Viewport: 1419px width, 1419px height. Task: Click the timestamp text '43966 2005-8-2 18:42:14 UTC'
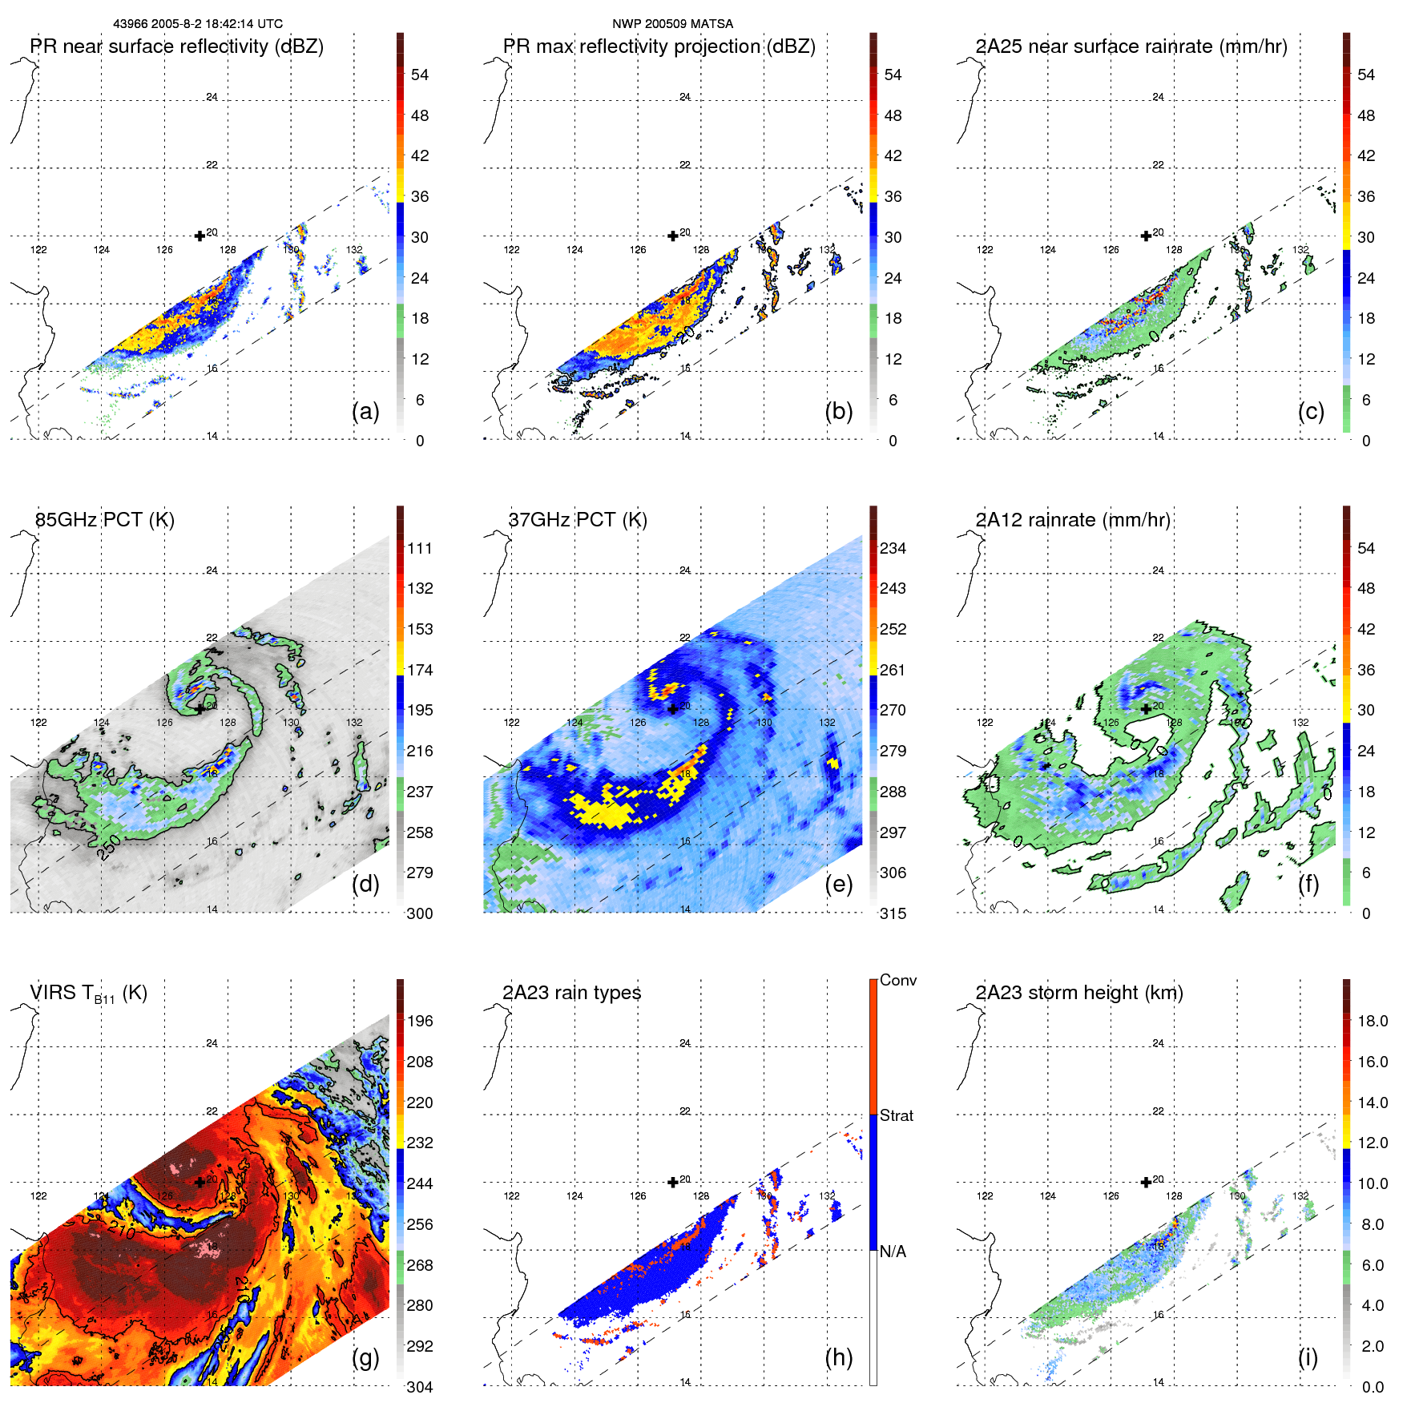(x=197, y=24)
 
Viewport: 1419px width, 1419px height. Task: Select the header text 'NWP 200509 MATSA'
(x=672, y=24)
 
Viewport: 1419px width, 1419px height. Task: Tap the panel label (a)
(x=365, y=411)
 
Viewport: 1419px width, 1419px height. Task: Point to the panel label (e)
(x=838, y=884)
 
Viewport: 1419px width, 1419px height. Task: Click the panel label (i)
(x=1308, y=1357)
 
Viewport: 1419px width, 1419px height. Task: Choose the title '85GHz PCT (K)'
(x=104, y=519)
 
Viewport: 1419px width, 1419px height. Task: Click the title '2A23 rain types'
(x=571, y=993)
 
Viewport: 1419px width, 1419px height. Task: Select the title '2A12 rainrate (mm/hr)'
(x=1072, y=519)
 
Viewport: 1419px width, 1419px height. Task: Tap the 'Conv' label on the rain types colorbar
(x=898, y=980)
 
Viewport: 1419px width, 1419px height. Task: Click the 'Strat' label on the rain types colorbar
(x=897, y=1115)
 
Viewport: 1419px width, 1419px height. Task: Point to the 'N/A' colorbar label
(x=893, y=1252)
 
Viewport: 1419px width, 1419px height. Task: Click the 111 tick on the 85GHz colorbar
(x=420, y=548)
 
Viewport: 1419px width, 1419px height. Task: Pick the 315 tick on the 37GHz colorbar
(x=893, y=913)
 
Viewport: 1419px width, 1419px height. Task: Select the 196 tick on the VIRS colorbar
(x=420, y=1021)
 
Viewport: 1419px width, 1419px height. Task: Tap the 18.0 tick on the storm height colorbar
(x=1373, y=1021)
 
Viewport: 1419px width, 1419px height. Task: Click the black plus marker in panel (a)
(x=200, y=236)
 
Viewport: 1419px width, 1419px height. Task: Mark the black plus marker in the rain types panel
(x=673, y=1182)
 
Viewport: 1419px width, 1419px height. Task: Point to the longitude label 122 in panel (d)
(x=38, y=723)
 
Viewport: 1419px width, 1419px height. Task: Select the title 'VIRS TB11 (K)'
(x=88, y=994)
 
